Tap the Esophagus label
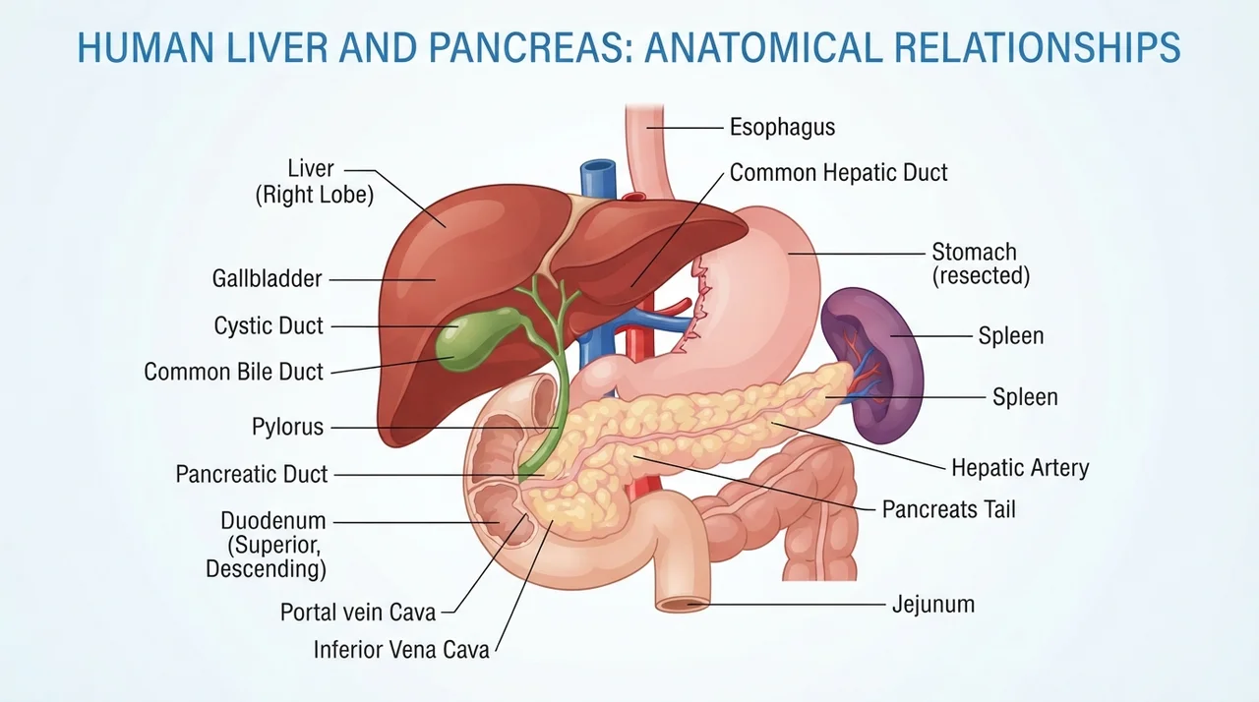click(x=782, y=127)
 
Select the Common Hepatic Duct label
click(x=839, y=172)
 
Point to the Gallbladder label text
click(x=267, y=278)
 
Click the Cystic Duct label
click(x=269, y=325)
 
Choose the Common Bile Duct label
click(x=234, y=372)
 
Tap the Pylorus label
click(x=288, y=427)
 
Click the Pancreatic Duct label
click(x=252, y=474)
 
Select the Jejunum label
click(x=933, y=605)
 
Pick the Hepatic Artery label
click(x=1020, y=468)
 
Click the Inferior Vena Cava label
click(x=401, y=650)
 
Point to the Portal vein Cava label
click(x=358, y=613)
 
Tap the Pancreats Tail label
click(x=949, y=510)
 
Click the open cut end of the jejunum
click(x=683, y=605)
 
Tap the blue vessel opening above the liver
click(x=597, y=166)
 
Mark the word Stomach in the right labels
click(x=974, y=252)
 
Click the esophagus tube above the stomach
click(x=646, y=151)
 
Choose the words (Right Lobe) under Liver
click(x=314, y=196)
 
